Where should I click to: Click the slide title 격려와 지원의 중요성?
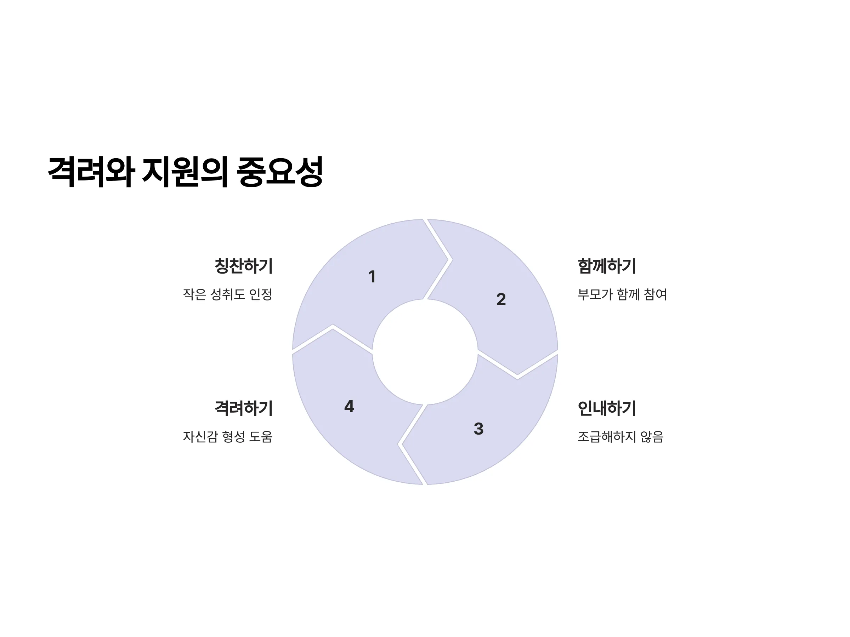coord(185,172)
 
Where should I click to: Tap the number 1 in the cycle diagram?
coord(372,277)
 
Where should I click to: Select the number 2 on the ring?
coord(501,299)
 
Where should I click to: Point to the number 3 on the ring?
coord(478,429)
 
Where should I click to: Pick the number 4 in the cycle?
coord(349,406)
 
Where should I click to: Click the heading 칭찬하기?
coord(244,266)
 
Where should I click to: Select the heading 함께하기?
coord(607,266)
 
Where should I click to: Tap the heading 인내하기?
coord(607,408)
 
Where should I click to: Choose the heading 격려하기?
coord(244,408)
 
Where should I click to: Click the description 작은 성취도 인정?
coord(227,294)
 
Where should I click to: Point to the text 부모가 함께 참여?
coord(622,294)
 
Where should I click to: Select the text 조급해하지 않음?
coord(620,437)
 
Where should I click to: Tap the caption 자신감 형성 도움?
coord(227,437)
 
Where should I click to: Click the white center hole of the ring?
coord(425,352)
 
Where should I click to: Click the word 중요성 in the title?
coord(280,172)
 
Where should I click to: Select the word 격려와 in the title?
coord(91,172)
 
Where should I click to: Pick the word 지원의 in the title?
coord(186,172)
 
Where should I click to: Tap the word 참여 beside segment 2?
coord(655,294)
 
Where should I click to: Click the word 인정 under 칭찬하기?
coord(261,294)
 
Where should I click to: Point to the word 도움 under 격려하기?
coord(261,437)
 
